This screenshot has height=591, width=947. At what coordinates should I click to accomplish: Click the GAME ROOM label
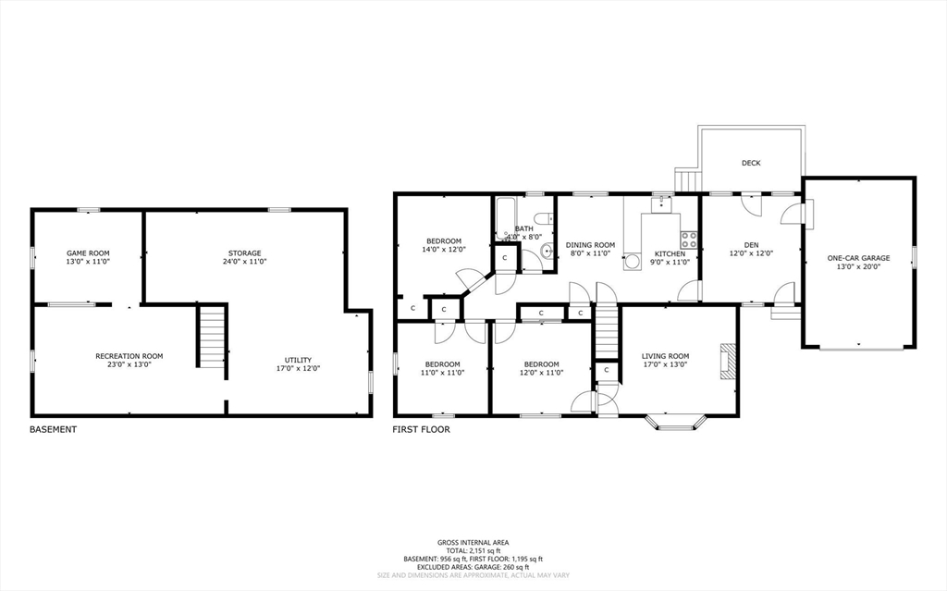point(88,253)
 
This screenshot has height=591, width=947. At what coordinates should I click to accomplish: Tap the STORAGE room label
point(245,253)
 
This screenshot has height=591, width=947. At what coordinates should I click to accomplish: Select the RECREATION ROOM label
point(129,356)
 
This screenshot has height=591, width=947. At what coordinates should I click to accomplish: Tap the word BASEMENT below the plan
point(53,430)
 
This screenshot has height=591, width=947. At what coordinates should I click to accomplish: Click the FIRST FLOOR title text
point(422,430)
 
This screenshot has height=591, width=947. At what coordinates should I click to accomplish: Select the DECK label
point(751,164)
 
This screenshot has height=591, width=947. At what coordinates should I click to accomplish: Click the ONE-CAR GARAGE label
point(858,258)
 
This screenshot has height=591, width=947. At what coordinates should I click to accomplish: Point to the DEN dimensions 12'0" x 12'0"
point(751,253)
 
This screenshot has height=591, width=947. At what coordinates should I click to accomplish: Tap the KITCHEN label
point(670,253)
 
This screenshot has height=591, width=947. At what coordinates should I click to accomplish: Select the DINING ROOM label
point(591,245)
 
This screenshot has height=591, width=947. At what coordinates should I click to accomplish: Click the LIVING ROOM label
point(666,356)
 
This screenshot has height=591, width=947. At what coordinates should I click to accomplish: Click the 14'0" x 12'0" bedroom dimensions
point(444,250)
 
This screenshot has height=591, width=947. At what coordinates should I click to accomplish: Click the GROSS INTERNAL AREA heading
point(473,542)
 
